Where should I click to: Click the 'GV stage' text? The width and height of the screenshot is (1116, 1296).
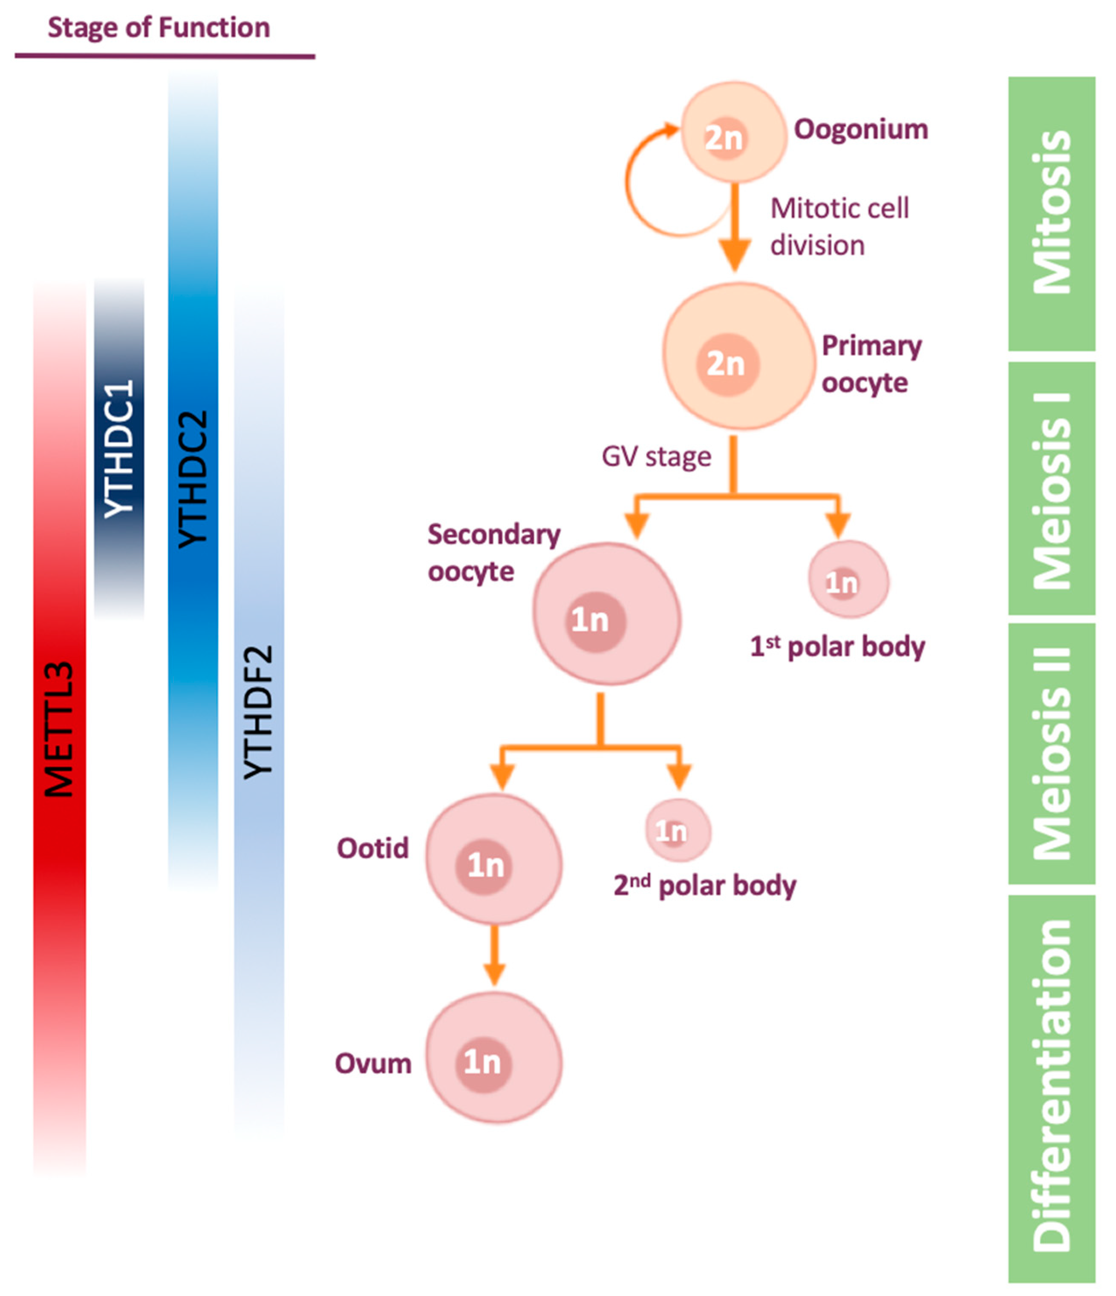(x=656, y=456)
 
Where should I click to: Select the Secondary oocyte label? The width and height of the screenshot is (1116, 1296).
(x=493, y=553)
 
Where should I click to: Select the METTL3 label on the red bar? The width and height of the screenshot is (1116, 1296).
(x=60, y=729)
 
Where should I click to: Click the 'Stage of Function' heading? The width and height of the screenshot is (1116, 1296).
(x=159, y=28)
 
